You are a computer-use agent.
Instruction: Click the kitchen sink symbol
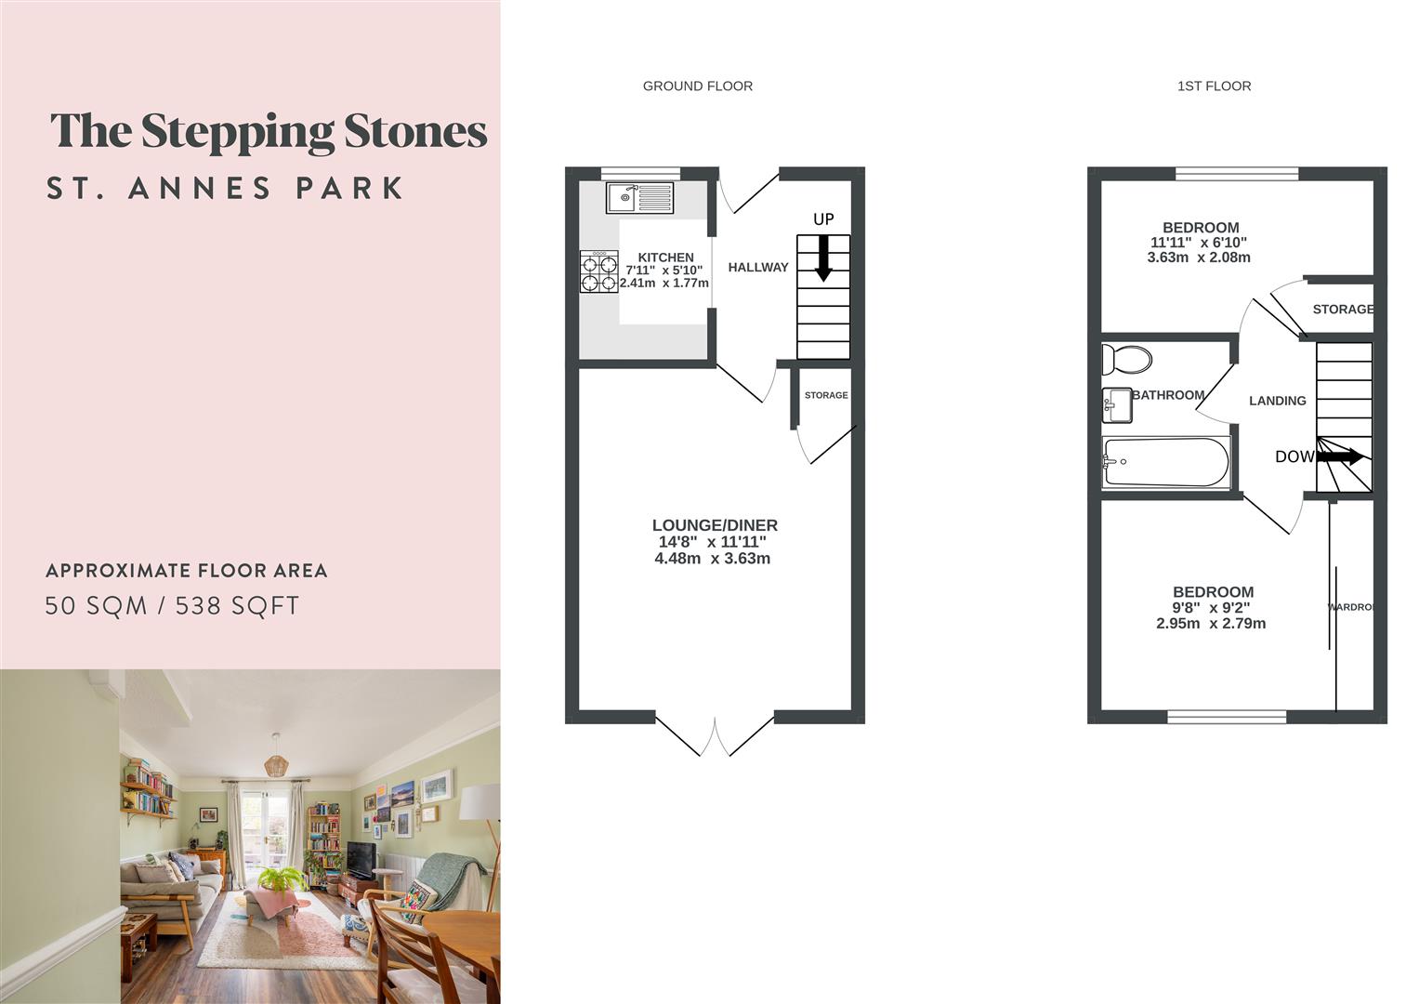[x=639, y=197]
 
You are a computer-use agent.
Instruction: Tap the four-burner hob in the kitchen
[x=599, y=272]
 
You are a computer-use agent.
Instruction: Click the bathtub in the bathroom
[x=1166, y=462]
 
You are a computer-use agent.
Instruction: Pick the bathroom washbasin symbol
[x=1116, y=404]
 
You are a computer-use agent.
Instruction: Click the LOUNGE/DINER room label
[x=715, y=525]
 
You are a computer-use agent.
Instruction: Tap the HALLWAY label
[x=758, y=268]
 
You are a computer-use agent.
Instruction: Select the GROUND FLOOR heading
[x=698, y=86]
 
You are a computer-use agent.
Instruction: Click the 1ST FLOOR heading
[x=1214, y=86]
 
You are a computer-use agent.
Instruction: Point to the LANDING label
[x=1277, y=401]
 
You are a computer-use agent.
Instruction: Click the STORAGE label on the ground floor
[x=826, y=395]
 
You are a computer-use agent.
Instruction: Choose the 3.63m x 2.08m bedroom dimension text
[x=1199, y=258]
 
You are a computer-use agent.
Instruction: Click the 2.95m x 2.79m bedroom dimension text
[x=1211, y=624]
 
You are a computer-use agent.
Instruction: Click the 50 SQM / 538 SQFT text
[x=173, y=606]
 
